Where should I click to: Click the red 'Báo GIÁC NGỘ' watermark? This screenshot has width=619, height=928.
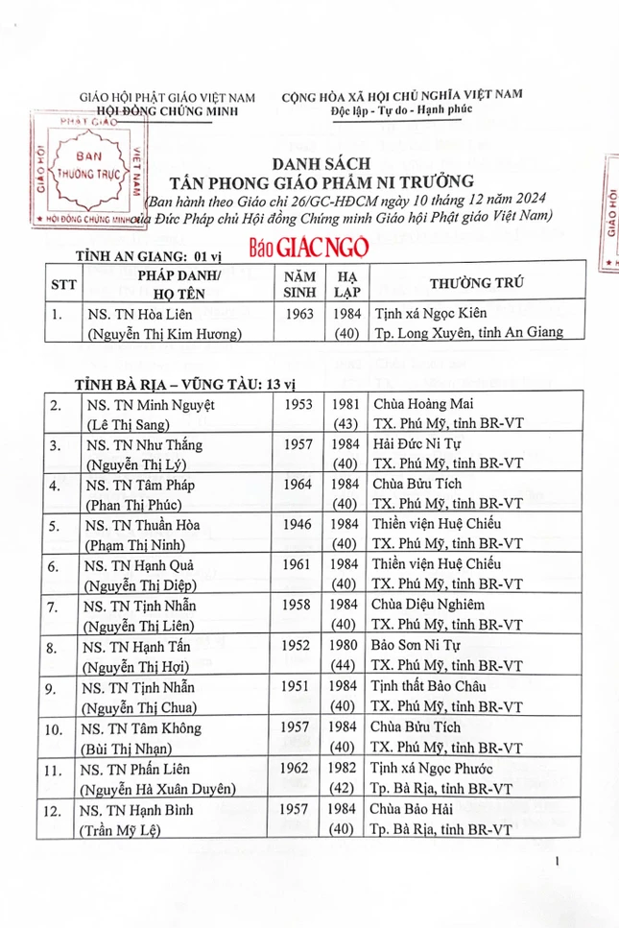[x=308, y=247]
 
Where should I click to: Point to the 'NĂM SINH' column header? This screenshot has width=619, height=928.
[x=298, y=283]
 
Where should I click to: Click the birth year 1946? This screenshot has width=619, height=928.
[x=298, y=525]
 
